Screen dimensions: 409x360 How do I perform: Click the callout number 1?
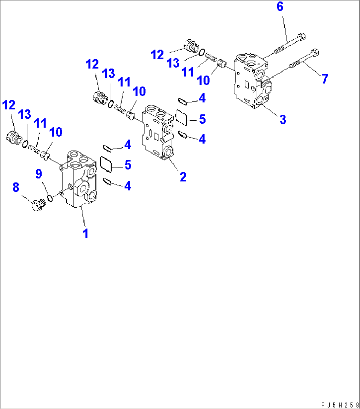click(86, 233)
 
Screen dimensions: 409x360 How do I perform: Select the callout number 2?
click(183, 177)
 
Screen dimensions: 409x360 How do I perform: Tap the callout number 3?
click(283, 119)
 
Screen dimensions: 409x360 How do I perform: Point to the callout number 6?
click(280, 6)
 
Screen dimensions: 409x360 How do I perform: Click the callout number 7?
click(325, 79)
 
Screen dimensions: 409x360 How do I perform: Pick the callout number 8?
click(16, 187)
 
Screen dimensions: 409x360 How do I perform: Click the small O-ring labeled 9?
click(50, 198)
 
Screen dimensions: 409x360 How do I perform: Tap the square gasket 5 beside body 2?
click(182, 118)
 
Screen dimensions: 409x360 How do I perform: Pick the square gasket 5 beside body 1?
click(106, 164)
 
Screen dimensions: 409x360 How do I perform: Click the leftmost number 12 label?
click(9, 105)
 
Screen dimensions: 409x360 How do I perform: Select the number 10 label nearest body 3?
click(203, 80)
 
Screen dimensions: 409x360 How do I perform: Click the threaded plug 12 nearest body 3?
click(191, 46)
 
